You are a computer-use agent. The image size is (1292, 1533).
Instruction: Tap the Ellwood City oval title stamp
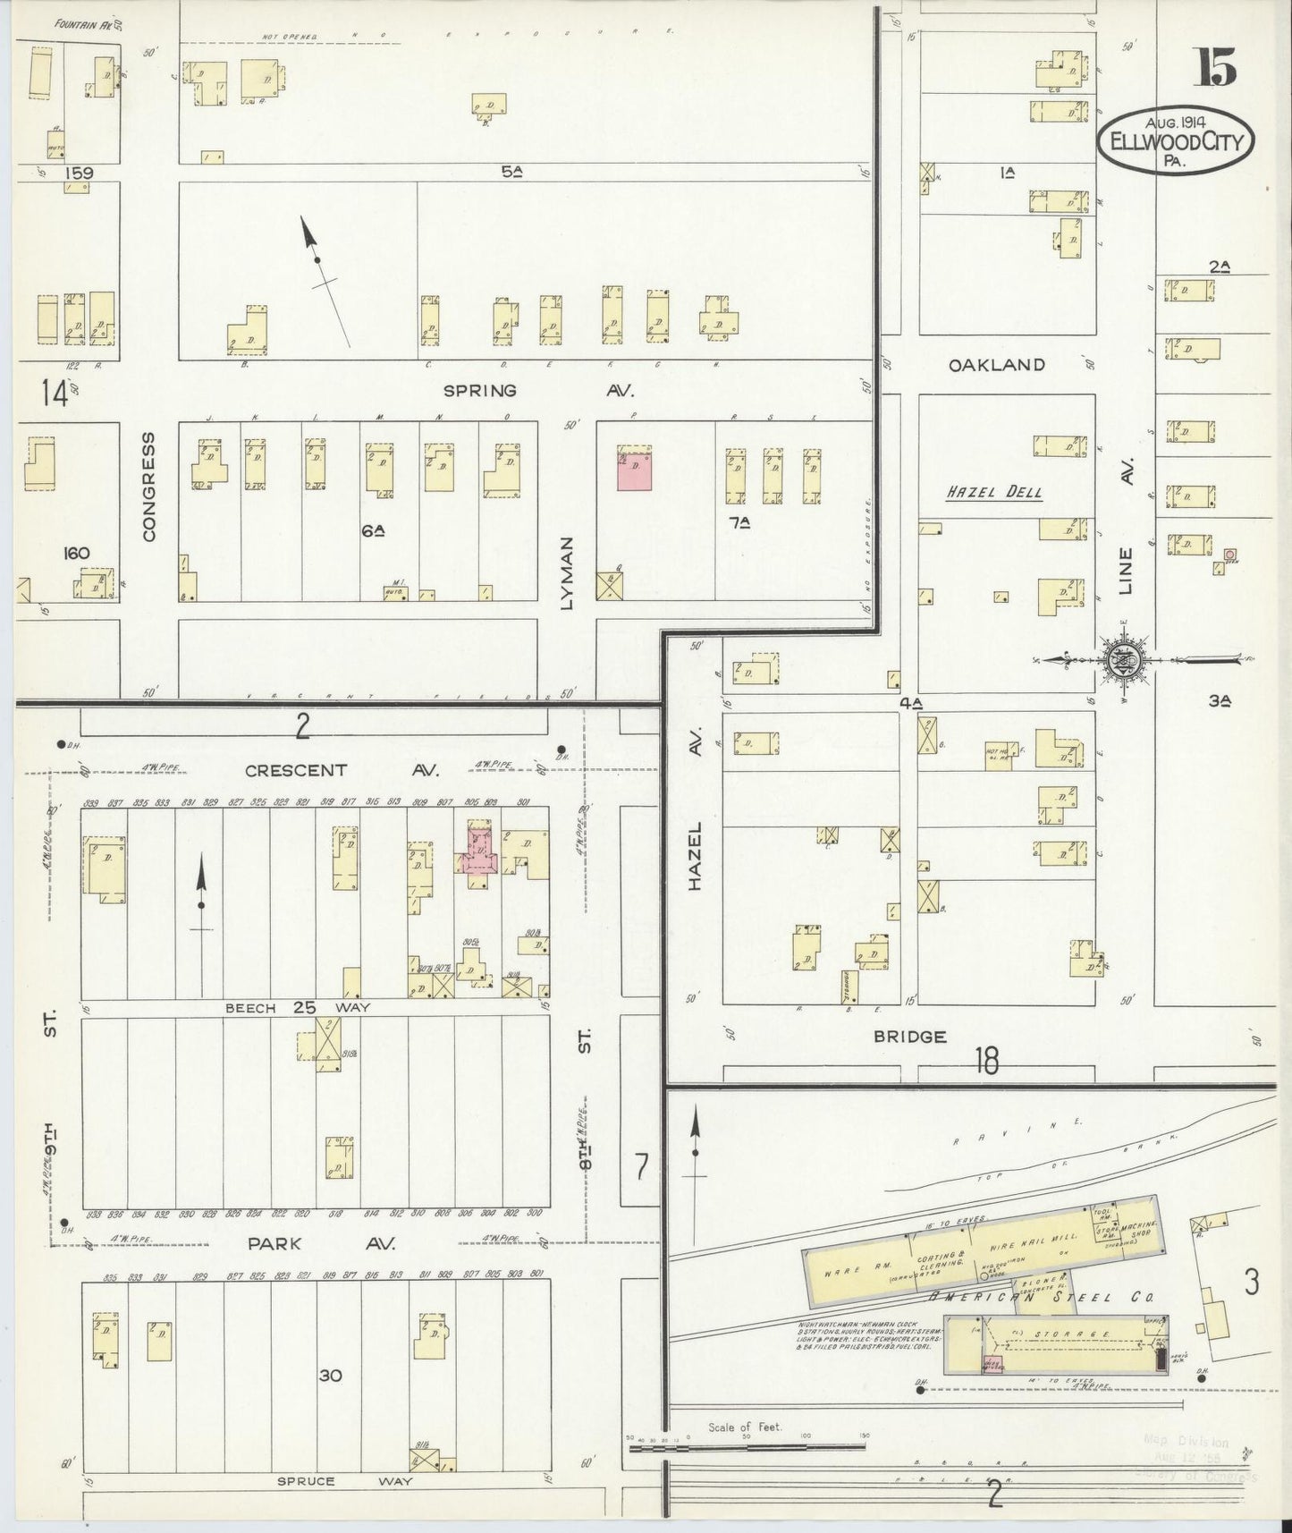pyautogui.click(x=1177, y=141)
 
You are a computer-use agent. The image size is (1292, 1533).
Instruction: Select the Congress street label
pyautogui.click(x=148, y=487)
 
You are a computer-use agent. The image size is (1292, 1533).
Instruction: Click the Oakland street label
pyautogui.click(x=996, y=365)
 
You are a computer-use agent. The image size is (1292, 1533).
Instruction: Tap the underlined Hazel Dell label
pyautogui.click(x=995, y=493)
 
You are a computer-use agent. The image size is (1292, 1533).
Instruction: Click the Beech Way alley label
pyautogui.click(x=298, y=1008)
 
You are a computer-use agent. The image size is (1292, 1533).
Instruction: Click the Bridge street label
pyautogui.click(x=910, y=1037)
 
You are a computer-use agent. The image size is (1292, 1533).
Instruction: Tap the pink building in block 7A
pyautogui.click(x=634, y=468)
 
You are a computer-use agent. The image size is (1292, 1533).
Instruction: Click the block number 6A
pyautogui.click(x=374, y=530)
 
